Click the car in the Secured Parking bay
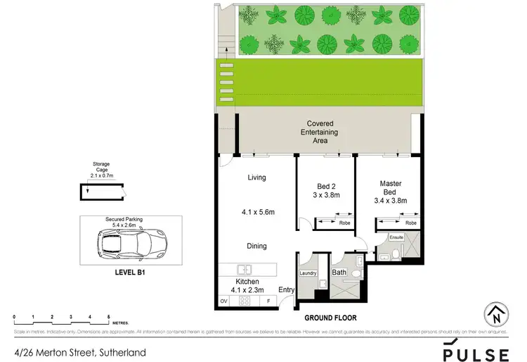(126, 244)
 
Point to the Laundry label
(308, 273)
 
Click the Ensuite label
(387, 239)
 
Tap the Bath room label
(339, 272)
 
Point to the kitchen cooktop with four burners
(246, 301)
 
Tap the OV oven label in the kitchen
(224, 301)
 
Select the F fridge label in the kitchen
(268, 301)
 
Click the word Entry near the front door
(287, 289)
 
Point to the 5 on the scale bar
(108, 318)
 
